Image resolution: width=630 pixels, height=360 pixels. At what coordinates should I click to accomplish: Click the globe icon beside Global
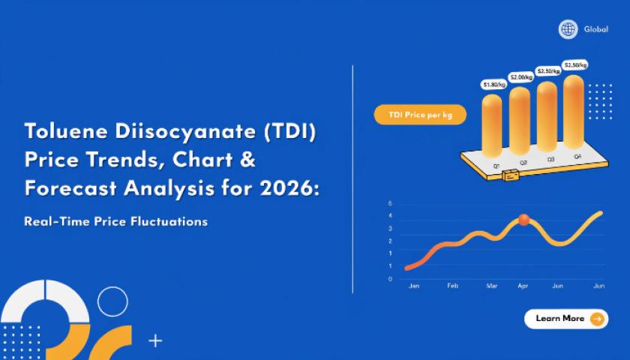pyautogui.click(x=568, y=29)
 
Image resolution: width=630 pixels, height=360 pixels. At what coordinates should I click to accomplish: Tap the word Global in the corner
pyautogui.click(x=596, y=29)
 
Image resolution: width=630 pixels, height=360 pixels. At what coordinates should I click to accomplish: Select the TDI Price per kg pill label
pyautogui.click(x=420, y=115)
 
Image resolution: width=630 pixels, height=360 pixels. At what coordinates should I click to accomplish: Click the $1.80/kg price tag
pyautogui.click(x=494, y=84)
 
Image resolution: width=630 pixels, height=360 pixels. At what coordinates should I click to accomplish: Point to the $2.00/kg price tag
pyautogui.click(x=521, y=76)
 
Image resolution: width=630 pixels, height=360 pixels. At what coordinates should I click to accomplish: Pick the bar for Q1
pyautogui.click(x=492, y=125)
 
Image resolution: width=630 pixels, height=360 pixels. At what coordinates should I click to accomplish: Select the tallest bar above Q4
pyautogui.click(x=574, y=111)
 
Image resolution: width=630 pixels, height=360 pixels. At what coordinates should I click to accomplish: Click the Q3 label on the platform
pyautogui.click(x=550, y=159)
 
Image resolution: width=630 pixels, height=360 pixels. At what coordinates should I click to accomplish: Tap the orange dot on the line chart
pyautogui.click(x=524, y=220)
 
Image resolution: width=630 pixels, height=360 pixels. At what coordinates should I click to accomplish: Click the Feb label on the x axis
pyautogui.click(x=452, y=286)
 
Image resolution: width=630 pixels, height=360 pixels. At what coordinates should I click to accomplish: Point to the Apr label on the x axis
pyautogui.click(x=523, y=286)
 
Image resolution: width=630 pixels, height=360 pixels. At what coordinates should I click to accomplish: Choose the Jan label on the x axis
pyautogui.click(x=414, y=286)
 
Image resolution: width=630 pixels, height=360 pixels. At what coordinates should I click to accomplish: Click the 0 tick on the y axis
pyautogui.click(x=390, y=279)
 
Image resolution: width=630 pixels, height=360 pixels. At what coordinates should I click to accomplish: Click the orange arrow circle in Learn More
pyautogui.click(x=597, y=319)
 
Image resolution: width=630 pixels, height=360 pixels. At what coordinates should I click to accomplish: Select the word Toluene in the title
pyautogui.click(x=66, y=131)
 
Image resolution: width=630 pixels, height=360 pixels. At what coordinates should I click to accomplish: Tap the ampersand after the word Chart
pyautogui.click(x=249, y=160)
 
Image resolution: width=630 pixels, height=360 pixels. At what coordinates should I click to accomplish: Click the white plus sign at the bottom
pyautogui.click(x=155, y=341)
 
